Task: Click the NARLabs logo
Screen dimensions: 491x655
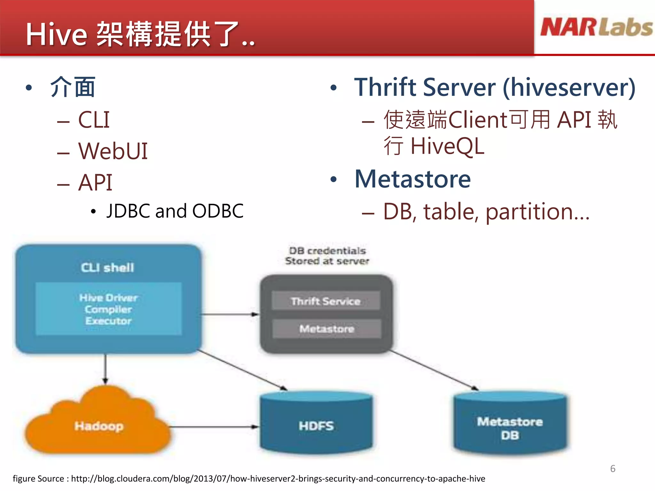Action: [x=596, y=27]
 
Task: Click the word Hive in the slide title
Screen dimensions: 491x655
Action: [x=56, y=35]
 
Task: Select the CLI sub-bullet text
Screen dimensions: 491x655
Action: [x=94, y=120]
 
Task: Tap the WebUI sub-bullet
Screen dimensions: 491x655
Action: [x=113, y=151]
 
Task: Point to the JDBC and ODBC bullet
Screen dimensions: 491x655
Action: [x=175, y=211]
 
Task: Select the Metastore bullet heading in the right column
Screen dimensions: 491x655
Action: [x=413, y=179]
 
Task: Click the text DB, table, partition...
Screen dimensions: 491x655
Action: [x=486, y=212]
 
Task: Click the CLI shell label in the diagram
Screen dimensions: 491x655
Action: [x=107, y=268]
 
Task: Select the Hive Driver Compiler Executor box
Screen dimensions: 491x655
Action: [x=108, y=309]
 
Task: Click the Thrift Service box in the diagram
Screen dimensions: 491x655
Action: [x=326, y=301]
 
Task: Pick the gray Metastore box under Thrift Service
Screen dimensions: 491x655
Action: [x=327, y=329]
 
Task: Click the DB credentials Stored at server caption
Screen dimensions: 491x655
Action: [x=327, y=256]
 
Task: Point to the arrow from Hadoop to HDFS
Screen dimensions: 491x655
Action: [x=214, y=427]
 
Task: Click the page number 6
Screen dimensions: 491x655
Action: [x=612, y=469]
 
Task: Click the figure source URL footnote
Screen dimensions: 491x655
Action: [x=249, y=479]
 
